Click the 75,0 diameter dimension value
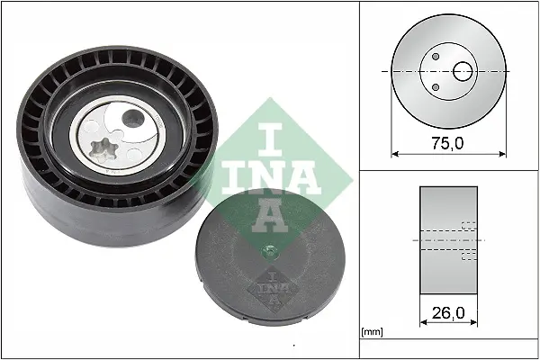(x=447, y=143)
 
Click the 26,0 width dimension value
(x=448, y=313)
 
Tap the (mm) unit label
(x=372, y=332)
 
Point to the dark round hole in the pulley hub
(x=133, y=118)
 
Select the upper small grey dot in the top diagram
(x=436, y=56)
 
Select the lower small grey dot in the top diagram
(x=436, y=87)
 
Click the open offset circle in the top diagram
(x=463, y=72)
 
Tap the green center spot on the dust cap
(x=270, y=250)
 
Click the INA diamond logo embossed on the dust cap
(x=273, y=289)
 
